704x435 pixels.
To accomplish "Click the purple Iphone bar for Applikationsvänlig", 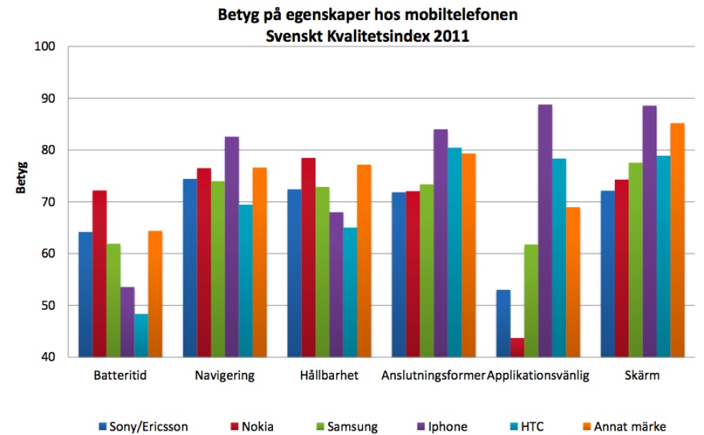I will pos(545,230).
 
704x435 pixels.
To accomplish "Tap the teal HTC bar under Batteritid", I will pos(141,335).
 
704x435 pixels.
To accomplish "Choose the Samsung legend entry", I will pos(345,407).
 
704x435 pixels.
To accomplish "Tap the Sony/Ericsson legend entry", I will pos(143,407).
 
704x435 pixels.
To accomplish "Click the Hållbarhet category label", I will pos(330,375).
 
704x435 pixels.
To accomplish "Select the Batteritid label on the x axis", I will pos(121,375).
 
